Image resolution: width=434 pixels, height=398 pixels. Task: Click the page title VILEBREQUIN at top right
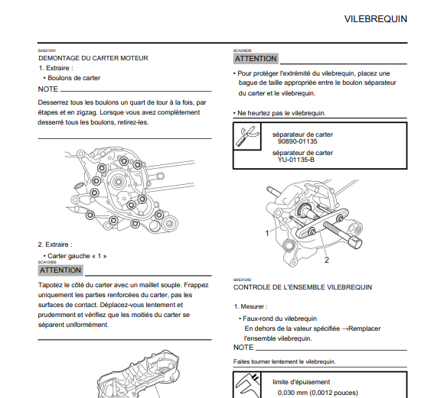(x=376, y=19)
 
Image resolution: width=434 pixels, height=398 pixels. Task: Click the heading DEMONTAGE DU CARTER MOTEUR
(x=93, y=58)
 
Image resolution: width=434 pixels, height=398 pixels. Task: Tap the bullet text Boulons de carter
(x=74, y=78)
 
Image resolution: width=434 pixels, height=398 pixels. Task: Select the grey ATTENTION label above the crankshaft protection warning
(x=256, y=59)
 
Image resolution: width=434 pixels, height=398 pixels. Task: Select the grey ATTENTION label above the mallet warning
(x=60, y=270)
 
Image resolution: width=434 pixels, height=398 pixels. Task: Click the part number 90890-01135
(x=298, y=141)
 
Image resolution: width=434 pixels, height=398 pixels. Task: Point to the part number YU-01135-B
(x=296, y=160)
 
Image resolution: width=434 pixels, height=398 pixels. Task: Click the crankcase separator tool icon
(x=247, y=137)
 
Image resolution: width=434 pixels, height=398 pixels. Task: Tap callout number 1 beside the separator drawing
(x=267, y=234)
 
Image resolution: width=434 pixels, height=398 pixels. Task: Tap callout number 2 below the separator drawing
(x=327, y=260)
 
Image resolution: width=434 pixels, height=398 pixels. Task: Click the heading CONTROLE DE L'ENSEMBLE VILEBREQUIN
(x=302, y=287)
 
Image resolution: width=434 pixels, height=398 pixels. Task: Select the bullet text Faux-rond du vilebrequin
(x=279, y=319)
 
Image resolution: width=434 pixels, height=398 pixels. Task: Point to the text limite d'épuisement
(x=301, y=382)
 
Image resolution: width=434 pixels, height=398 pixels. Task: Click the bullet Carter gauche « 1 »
(x=77, y=256)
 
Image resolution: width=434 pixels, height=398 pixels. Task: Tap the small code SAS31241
(x=47, y=50)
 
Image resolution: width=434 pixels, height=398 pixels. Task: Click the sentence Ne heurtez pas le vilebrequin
(x=282, y=113)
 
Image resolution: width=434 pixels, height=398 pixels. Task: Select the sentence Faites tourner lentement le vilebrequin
(x=284, y=361)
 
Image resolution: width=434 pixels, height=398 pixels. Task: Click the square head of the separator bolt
(x=356, y=242)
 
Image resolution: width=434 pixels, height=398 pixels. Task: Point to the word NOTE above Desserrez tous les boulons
(x=48, y=89)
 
